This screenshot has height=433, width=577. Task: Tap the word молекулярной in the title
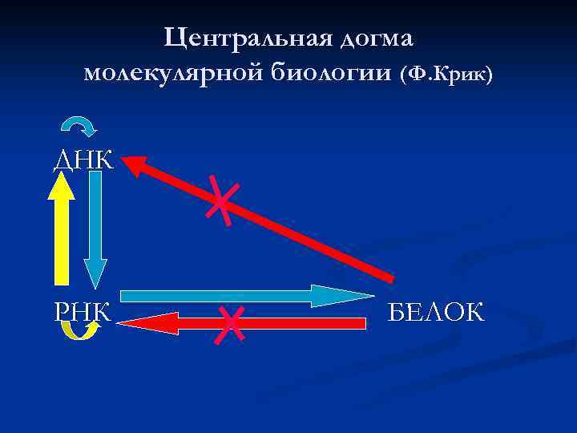point(173,74)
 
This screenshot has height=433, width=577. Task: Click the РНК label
point(83,310)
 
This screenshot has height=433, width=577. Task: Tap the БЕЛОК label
point(436,311)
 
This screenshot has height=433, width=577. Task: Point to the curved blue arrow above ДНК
point(79,125)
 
